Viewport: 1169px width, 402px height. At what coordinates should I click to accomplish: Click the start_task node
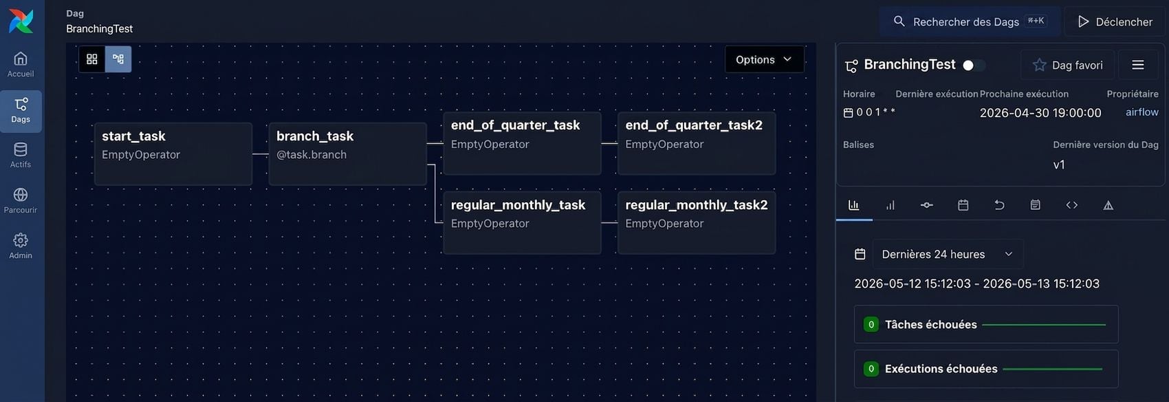(173, 154)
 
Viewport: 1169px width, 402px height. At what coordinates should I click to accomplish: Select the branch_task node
(347, 154)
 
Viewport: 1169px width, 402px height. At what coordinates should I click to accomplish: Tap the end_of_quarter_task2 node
(696, 143)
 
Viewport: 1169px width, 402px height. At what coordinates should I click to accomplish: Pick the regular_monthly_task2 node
(696, 223)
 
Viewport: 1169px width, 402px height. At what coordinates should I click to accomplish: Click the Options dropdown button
(764, 59)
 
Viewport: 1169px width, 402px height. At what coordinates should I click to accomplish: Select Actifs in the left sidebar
(21, 156)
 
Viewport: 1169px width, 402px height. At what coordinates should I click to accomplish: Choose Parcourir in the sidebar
(21, 201)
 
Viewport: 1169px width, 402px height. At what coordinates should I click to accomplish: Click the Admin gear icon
(21, 240)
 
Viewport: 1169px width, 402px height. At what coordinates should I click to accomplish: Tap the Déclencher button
(1115, 22)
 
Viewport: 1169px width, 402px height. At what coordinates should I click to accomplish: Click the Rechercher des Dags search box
(970, 21)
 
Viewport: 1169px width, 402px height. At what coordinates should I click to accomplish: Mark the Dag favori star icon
(1039, 65)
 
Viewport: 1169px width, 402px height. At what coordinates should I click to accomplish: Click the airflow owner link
(1142, 112)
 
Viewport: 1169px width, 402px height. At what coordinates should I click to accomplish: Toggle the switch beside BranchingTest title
(974, 65)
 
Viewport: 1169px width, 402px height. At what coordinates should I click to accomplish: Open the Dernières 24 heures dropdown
(947, 254)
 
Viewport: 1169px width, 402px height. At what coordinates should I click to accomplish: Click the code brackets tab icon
(1071, 205)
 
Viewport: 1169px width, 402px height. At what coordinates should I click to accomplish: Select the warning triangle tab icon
(1108, 205)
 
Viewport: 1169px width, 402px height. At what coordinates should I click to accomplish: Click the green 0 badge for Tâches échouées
(871, 325)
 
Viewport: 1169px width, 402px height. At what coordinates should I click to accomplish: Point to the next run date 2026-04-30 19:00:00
(1040, 113)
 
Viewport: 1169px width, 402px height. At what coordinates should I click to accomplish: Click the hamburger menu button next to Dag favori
(1138, 65)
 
